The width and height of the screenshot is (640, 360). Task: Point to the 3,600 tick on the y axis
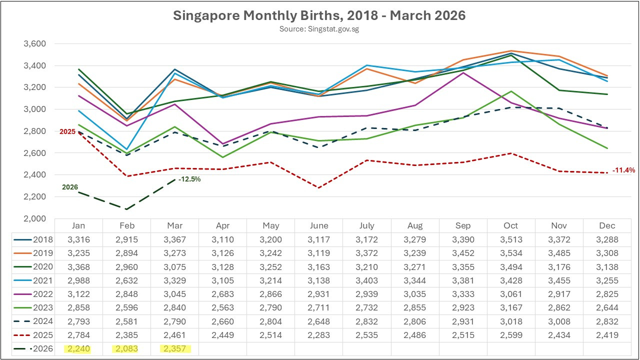pos(35,43)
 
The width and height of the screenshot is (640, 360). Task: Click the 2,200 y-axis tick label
pos(35,196)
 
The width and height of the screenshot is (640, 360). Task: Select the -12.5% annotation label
pos(189,179)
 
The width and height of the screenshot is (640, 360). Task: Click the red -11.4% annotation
pos(623,170)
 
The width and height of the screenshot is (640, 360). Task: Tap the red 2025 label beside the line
pos(67,131)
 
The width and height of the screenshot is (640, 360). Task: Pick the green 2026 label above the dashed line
pos(70,187)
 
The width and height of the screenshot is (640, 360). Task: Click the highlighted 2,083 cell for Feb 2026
pos(126,349)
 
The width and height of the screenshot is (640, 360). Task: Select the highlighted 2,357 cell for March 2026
pos(175,349)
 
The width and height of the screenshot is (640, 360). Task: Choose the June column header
pos(319,225)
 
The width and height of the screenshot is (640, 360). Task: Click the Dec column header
pos(607,225)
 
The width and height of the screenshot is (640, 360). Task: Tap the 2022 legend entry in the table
pos(33,294)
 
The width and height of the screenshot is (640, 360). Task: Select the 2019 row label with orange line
pos(33,253)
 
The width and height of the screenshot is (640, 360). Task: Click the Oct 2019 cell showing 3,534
pos(511,253)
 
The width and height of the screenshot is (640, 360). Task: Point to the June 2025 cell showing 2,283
pos(319,335)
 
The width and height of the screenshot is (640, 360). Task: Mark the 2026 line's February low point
pos(126,209)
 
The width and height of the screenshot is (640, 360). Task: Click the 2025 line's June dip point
pos(319,187)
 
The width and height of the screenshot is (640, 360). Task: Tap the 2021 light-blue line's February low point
pos(126,149)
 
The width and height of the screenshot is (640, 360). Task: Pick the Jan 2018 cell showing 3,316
pos(78,239)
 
